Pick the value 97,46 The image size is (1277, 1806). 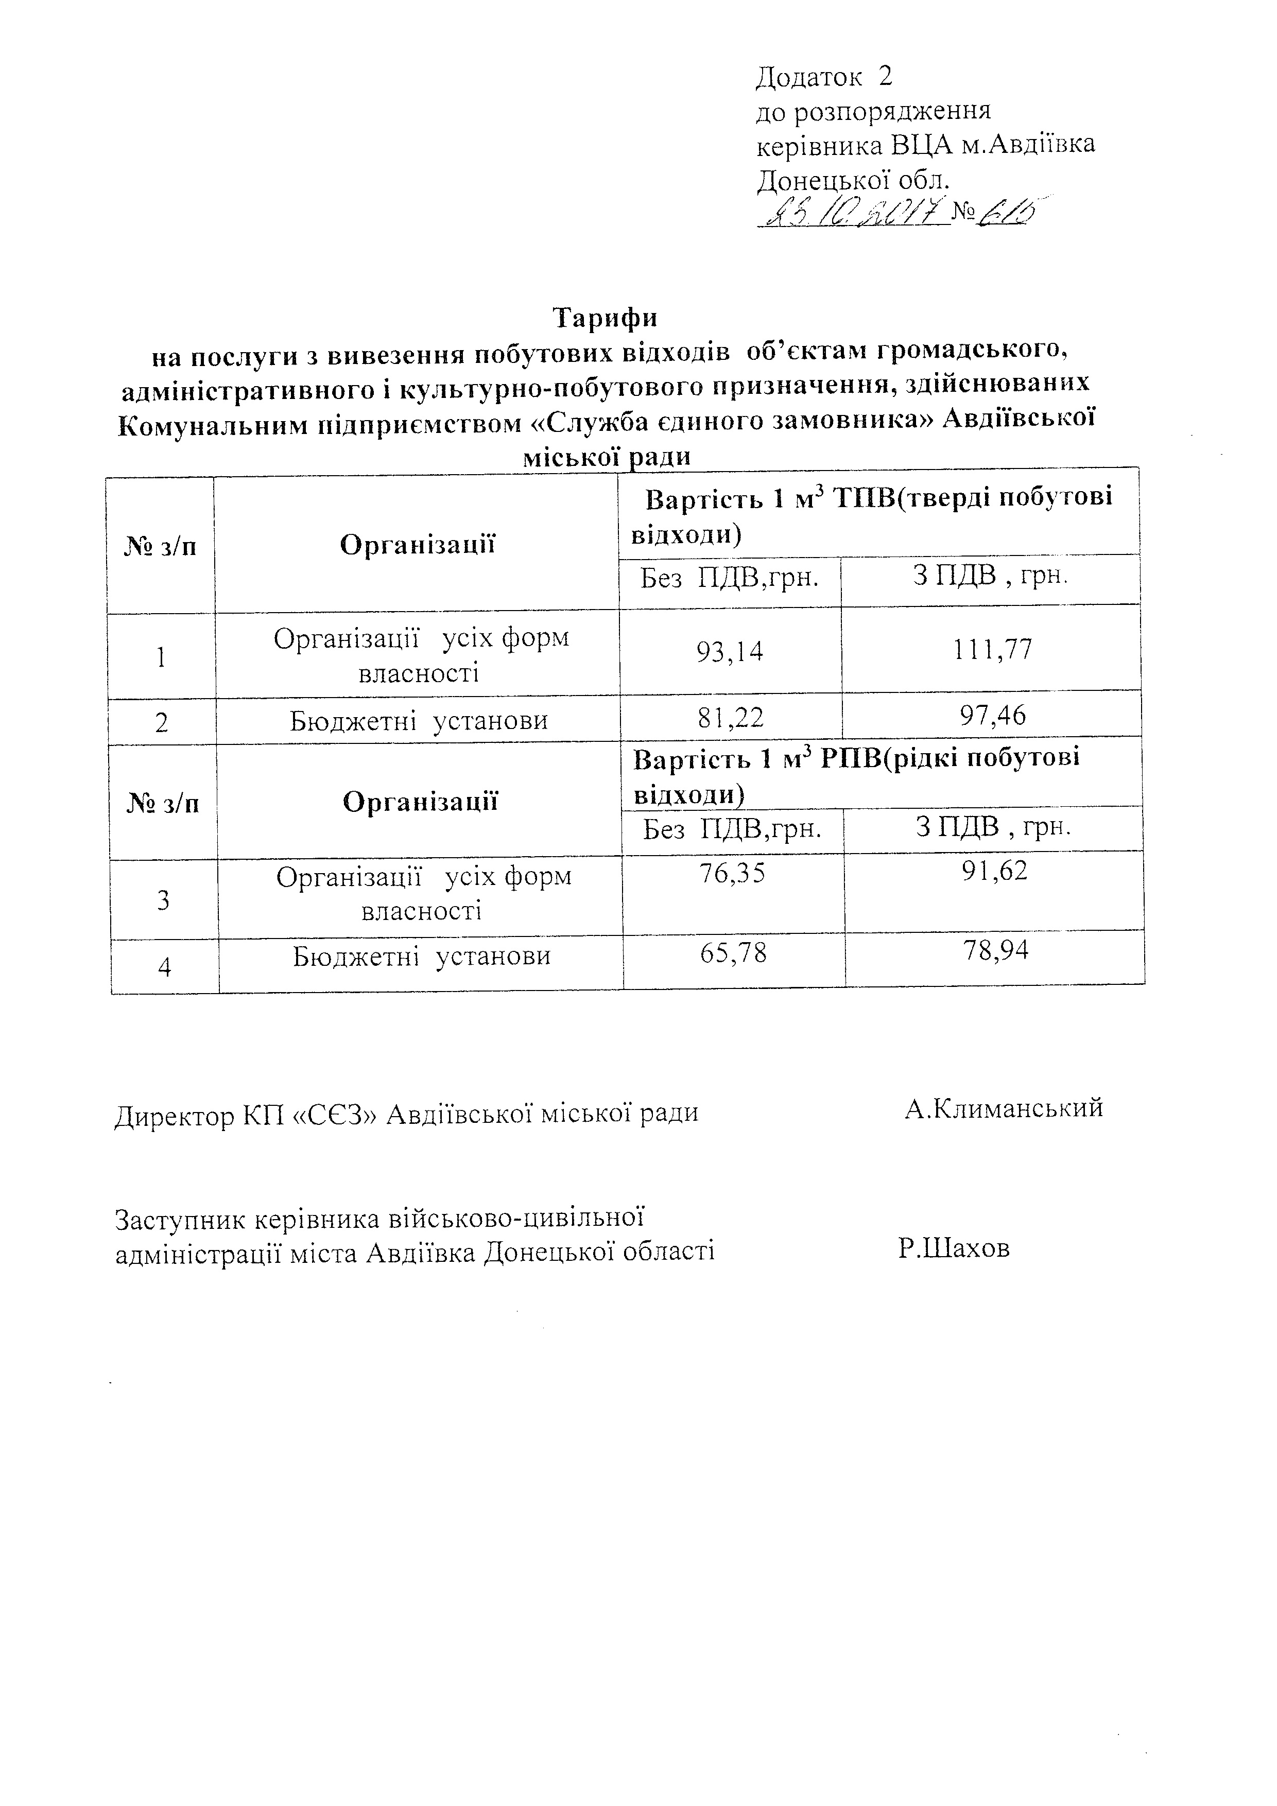tap(992, 716)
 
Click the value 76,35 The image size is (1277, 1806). tap(732, 874)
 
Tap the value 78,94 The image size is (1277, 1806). tap(995, 952)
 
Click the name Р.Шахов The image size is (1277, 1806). tap(954, 1248)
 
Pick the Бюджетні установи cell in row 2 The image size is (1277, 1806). tap(419, 721)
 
